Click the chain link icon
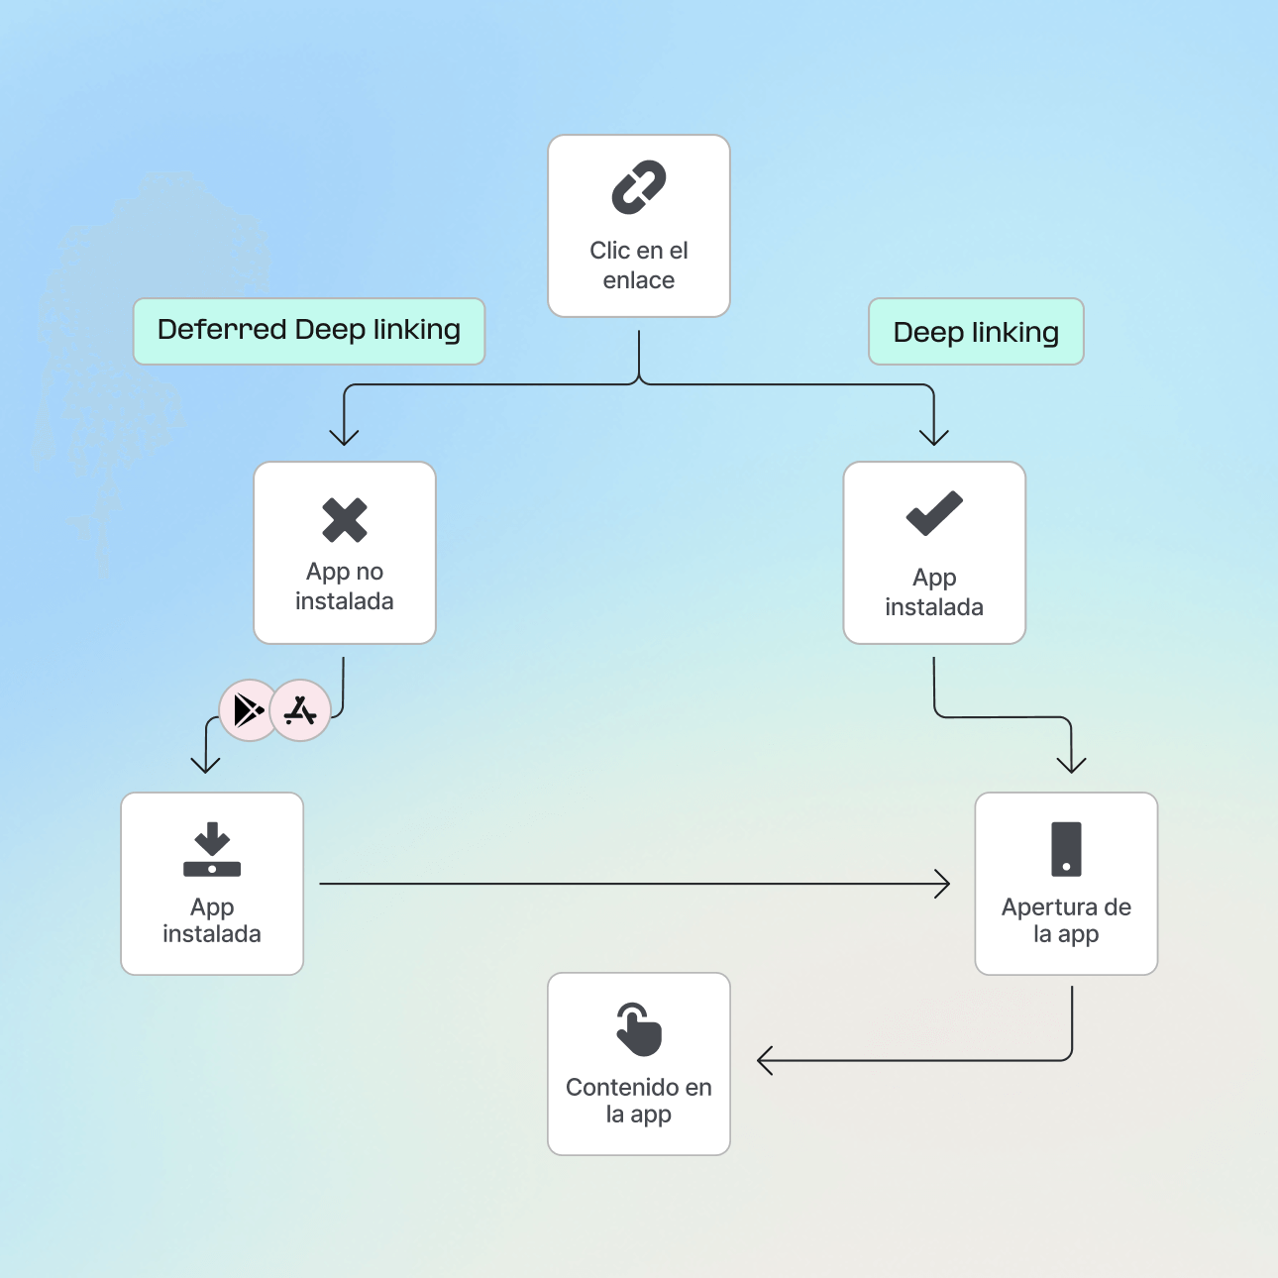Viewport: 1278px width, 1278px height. click(x=639, y=187)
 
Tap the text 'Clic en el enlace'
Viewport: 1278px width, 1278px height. click(x=639, y=266)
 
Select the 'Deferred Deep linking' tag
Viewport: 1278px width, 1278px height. click(x=309, y=331)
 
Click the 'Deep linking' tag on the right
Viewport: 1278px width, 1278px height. click(x=976, y=332)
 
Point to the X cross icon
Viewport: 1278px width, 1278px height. click(x=345, y=520)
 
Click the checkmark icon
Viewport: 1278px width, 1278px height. click(x=934, y=513)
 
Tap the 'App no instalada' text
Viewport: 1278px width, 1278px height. click(x=345, y=586)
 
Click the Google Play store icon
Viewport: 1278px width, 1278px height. click(x=248, y=710)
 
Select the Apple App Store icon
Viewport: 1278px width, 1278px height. click(x=300, y=710)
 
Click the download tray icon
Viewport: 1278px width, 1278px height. click(x=212, y=849)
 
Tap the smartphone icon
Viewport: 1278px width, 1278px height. click(x=1066, y=849)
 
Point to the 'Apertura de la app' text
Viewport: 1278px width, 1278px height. click(x=1066, y=920)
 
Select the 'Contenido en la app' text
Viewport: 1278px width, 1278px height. click(x=639, y=1101)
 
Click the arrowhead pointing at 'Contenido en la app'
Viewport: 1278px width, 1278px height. click(x=763, y=1061)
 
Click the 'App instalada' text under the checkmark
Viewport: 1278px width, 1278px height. click(x=934, y=592)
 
